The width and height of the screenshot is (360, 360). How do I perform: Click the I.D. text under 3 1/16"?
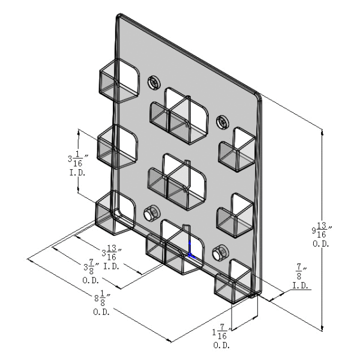(x=77, y=174)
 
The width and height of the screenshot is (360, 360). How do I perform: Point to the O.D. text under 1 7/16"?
(x=221, y=346)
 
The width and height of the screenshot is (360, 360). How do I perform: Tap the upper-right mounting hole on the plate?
(x=223, y=121)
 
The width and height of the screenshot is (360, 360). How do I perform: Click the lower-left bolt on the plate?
(x=151, y=213)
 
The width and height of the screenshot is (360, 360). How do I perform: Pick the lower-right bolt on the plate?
(x=220, y=253)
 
